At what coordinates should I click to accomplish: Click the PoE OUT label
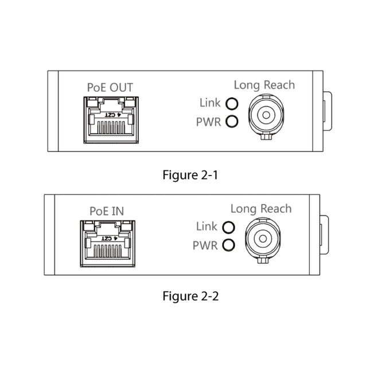pos(110,87)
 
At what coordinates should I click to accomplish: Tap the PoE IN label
pos(107,211)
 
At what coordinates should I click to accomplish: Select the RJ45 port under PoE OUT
pos(111,120)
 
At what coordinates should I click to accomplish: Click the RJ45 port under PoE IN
pos(108,244)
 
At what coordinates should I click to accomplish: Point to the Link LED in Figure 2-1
pos(232,104)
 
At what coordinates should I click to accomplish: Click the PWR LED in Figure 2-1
pos(232,122)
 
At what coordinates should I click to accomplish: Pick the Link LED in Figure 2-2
pos(228,228)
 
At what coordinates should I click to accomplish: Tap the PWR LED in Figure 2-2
pos(228,245)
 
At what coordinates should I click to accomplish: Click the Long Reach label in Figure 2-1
pos(264,85)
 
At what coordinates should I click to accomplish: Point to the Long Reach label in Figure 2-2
pos(261,209)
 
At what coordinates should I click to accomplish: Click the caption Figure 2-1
pos(190,176)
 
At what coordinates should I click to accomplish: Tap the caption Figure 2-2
pos(190,296)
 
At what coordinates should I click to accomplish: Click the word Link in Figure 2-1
pos(210,103)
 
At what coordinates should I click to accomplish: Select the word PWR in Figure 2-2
pos(205,246)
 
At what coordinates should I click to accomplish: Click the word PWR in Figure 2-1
pos(208,122)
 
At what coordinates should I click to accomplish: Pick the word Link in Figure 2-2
pos(207,226)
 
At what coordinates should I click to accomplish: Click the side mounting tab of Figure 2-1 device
pos(328,111)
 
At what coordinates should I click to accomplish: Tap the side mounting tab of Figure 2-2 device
pos(324,235)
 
